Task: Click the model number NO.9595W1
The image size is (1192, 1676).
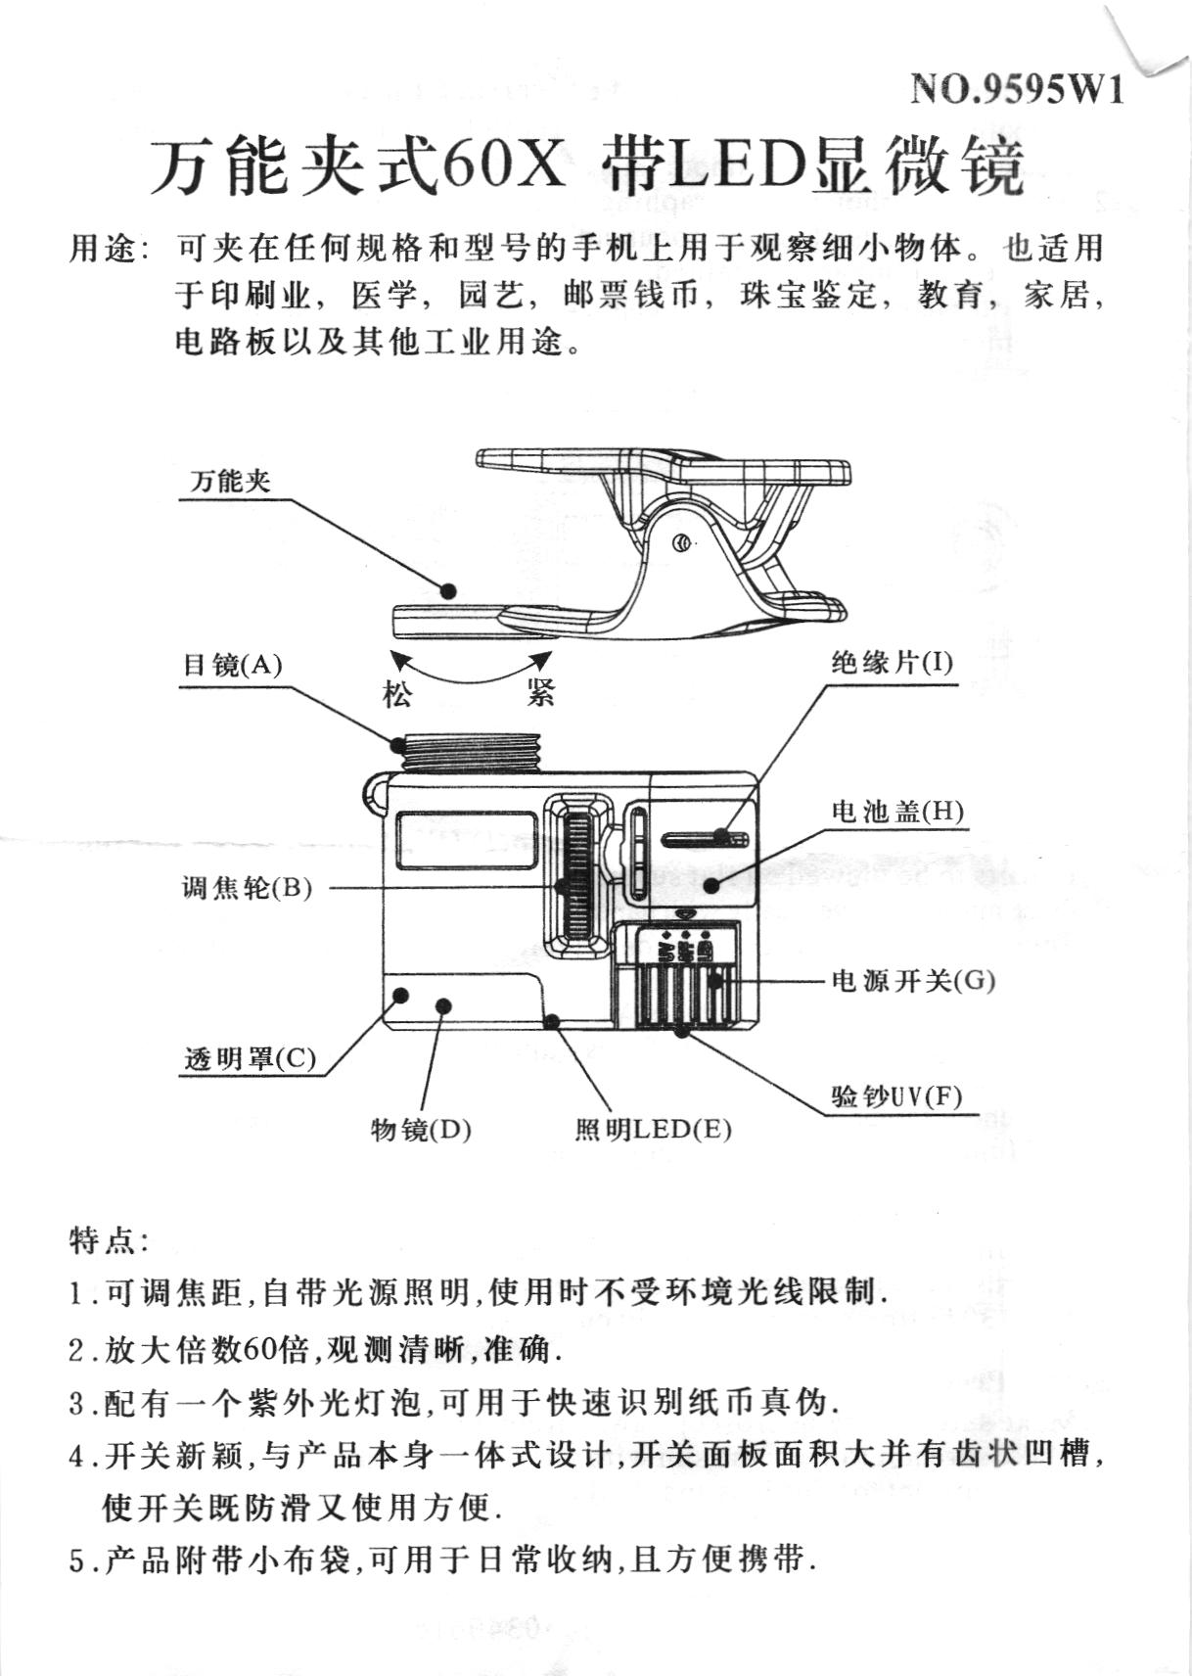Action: pyautogui.click(x=1017, y=90)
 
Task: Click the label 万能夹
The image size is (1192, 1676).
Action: pyautogui.click(x=231, y=482)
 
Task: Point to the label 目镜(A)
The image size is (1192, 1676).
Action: pyautogui.click(x=233, y=666)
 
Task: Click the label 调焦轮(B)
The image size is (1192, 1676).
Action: pyautogui.click(x=247, y=888)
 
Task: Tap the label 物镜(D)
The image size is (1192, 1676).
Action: pyautogui.click(x=421, y=1130)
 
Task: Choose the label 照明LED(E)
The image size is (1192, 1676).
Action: pyautogui.click(x=653, y=1130)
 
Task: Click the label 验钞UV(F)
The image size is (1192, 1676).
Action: pyautogui.click(x=896, y=1095)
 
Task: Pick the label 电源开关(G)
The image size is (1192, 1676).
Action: pyautogui.click(x=913, y=980)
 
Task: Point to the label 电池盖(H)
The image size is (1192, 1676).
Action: pyautogui.click(x=897, y=812)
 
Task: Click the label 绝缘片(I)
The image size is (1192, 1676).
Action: pyautogui.click(x=892, y=664)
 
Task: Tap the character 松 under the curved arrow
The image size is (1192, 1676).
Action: pyautogui.click(x=397, y=695)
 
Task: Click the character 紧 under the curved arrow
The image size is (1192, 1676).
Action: pyautogui.click(x=539, y=693)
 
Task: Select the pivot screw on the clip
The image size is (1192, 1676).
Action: pyautogui.click(x=684, y=543)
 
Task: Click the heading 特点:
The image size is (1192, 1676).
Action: pyautogui.click(x=109, y=1241)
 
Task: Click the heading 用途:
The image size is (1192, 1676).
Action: pyautogui.click(x=109, y=250)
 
